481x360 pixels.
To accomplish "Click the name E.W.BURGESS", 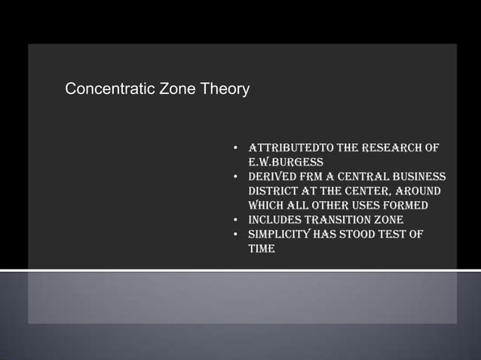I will [x=286, y=162].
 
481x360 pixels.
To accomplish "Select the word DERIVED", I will [x=275, y=177].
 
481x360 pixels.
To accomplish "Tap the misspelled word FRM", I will [x=320, y=177].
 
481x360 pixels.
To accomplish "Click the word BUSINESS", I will [x=417, y=177].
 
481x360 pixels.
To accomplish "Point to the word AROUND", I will [x=413, y=191].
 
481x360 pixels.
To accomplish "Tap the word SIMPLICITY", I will [x=283, y=234].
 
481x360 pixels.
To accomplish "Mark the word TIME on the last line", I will [x=262, y=249].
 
